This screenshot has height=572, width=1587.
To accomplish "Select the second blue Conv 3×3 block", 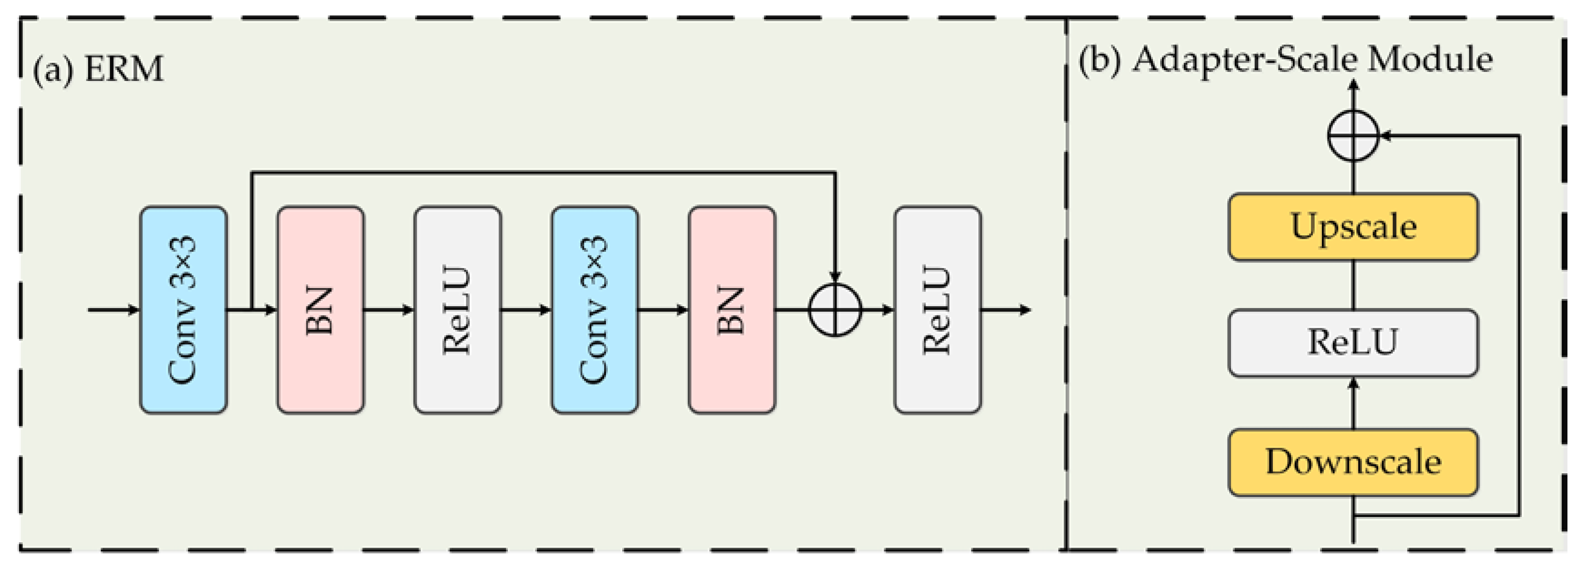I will [595, 310].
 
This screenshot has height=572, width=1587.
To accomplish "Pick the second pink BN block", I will [732, 310].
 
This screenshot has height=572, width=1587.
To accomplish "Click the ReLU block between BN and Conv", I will [457, 310].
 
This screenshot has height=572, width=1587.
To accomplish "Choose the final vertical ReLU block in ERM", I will [937, 310].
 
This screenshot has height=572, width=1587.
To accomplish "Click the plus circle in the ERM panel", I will [835, 310].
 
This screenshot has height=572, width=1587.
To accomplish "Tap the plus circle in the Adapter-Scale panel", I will [1353, 136].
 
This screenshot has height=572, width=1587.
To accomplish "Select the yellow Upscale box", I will [1353, 227].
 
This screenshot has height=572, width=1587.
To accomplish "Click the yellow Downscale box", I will [1353, 462].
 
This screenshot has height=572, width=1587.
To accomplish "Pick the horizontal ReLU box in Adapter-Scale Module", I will [1353, 343].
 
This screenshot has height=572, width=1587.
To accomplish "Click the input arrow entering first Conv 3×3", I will [114, 310].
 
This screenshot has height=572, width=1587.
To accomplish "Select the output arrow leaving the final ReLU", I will [1006, 310].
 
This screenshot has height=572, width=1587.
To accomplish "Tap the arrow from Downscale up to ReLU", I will [1353, 403].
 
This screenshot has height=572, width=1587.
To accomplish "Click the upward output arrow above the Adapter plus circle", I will [1353, 96].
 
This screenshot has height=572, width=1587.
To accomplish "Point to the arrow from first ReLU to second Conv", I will [526, 310].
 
